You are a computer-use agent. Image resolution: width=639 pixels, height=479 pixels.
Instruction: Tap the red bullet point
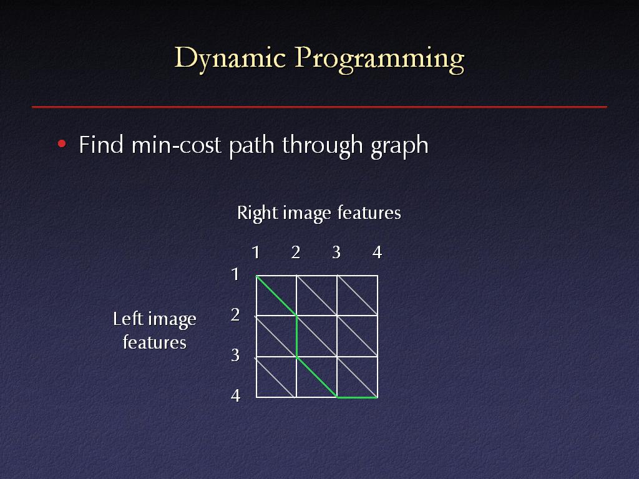pyautogui.click(x=62, y=144)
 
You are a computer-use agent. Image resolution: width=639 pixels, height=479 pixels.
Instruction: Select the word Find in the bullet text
pyautogui.click(x=100, y=145)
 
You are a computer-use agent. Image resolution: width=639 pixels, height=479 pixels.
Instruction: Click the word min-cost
pyautogui.click(x=177, y=145)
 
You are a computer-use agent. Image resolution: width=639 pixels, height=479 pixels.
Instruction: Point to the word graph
pyautogui.click(x=399, y=146)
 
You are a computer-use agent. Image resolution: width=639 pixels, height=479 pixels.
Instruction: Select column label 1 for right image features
pyautogui.click(x=255, y=253)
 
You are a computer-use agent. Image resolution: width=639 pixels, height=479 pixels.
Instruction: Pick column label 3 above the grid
pyautogui.click(x=336, y=253)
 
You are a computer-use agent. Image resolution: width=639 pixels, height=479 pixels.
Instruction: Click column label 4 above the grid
pyautogui.click(x=377, y=253)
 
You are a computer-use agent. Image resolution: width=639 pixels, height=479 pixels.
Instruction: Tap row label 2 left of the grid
pyautogui.click(x=235, y=315)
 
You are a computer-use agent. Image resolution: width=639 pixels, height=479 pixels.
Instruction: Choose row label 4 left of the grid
pyautogui.click(x=235, y=395)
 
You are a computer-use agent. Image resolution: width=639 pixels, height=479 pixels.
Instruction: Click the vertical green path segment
pyautogui.click(x=296, y=336)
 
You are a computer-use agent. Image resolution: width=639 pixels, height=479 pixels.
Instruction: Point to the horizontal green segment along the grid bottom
pyautogui.click(x=358, y=397)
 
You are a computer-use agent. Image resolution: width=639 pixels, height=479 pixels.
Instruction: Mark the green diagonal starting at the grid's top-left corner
pyautogui.click(x=276, y=295)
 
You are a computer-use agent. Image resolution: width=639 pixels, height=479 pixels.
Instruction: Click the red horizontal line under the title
pyautogui.click(x=319, y=107)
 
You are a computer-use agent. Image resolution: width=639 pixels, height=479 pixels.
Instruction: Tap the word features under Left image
pyautogui.click(x=155, y=342)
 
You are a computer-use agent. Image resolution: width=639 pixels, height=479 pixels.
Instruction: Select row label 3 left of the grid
pyautogui.click(x=235, y=355)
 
